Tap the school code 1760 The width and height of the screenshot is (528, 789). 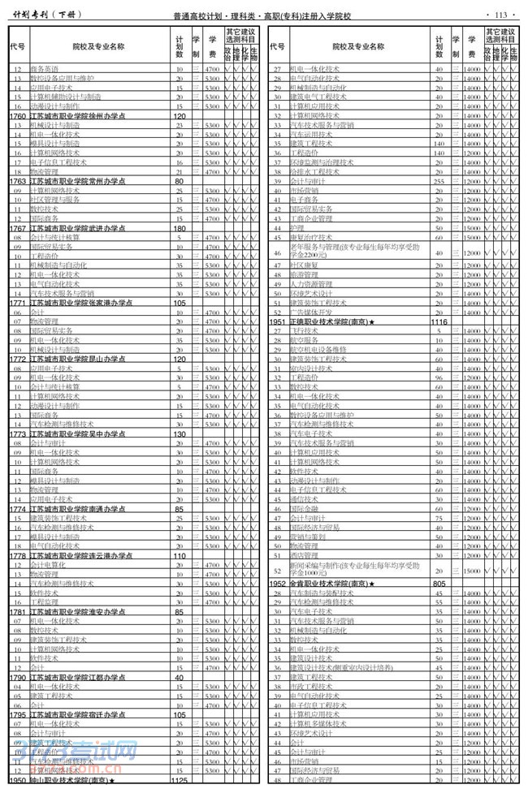[17, 116]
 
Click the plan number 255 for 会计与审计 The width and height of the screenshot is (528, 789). [439, 181]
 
